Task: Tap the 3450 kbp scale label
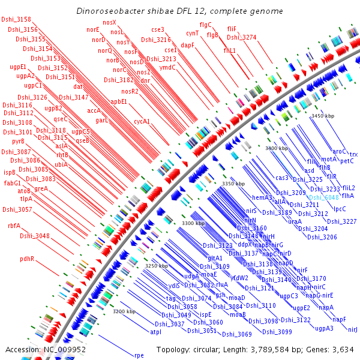322,116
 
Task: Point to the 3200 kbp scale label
124,311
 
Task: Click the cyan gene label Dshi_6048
323,197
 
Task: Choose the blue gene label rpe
139,355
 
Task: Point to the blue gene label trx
353,154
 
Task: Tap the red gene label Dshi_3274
242,37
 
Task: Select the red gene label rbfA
14,226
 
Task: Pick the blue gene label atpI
155,332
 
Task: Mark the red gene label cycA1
142,121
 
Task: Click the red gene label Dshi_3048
35,236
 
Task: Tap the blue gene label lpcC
340,209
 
